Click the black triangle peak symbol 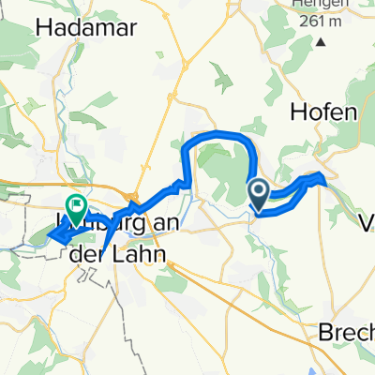(321, 42)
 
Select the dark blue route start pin (260, 194)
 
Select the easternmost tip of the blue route (326, 177)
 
